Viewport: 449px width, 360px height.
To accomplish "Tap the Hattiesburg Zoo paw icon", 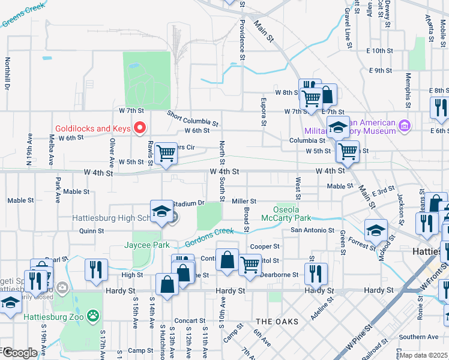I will pos(92,314).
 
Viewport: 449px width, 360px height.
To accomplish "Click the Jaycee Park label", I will pos(146,245).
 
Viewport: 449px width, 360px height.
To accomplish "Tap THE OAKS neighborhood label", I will pos(277,322).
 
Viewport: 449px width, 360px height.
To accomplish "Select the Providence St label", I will pos(243,40).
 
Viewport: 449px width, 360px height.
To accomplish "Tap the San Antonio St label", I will pos(312,230).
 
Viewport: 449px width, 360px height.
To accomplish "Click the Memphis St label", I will pos(408,91).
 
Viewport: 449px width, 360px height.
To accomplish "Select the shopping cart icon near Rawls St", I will pos(166,154).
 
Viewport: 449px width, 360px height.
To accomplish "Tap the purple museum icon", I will pos(405,126).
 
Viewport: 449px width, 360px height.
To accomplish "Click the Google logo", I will pos(19,353).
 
